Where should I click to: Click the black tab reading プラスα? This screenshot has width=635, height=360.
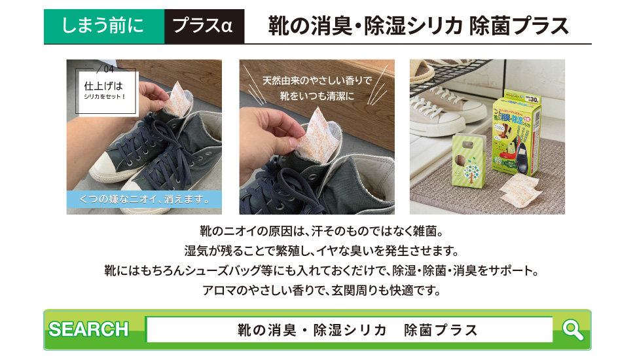[x=204, y=27]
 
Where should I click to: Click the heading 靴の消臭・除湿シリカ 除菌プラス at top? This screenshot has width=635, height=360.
[x=418, y=26]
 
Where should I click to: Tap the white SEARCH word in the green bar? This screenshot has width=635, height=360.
[x=88, y=329]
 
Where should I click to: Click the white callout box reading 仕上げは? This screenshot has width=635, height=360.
[x=104, y=90]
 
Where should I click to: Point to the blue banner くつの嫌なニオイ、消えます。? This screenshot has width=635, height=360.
[x=144, y=199]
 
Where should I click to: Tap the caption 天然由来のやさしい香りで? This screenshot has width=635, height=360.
[x=317, y=82]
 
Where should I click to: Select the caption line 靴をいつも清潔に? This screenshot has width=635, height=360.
[x=317, y=96]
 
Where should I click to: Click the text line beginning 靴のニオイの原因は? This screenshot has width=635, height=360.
[x=317, y=231]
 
